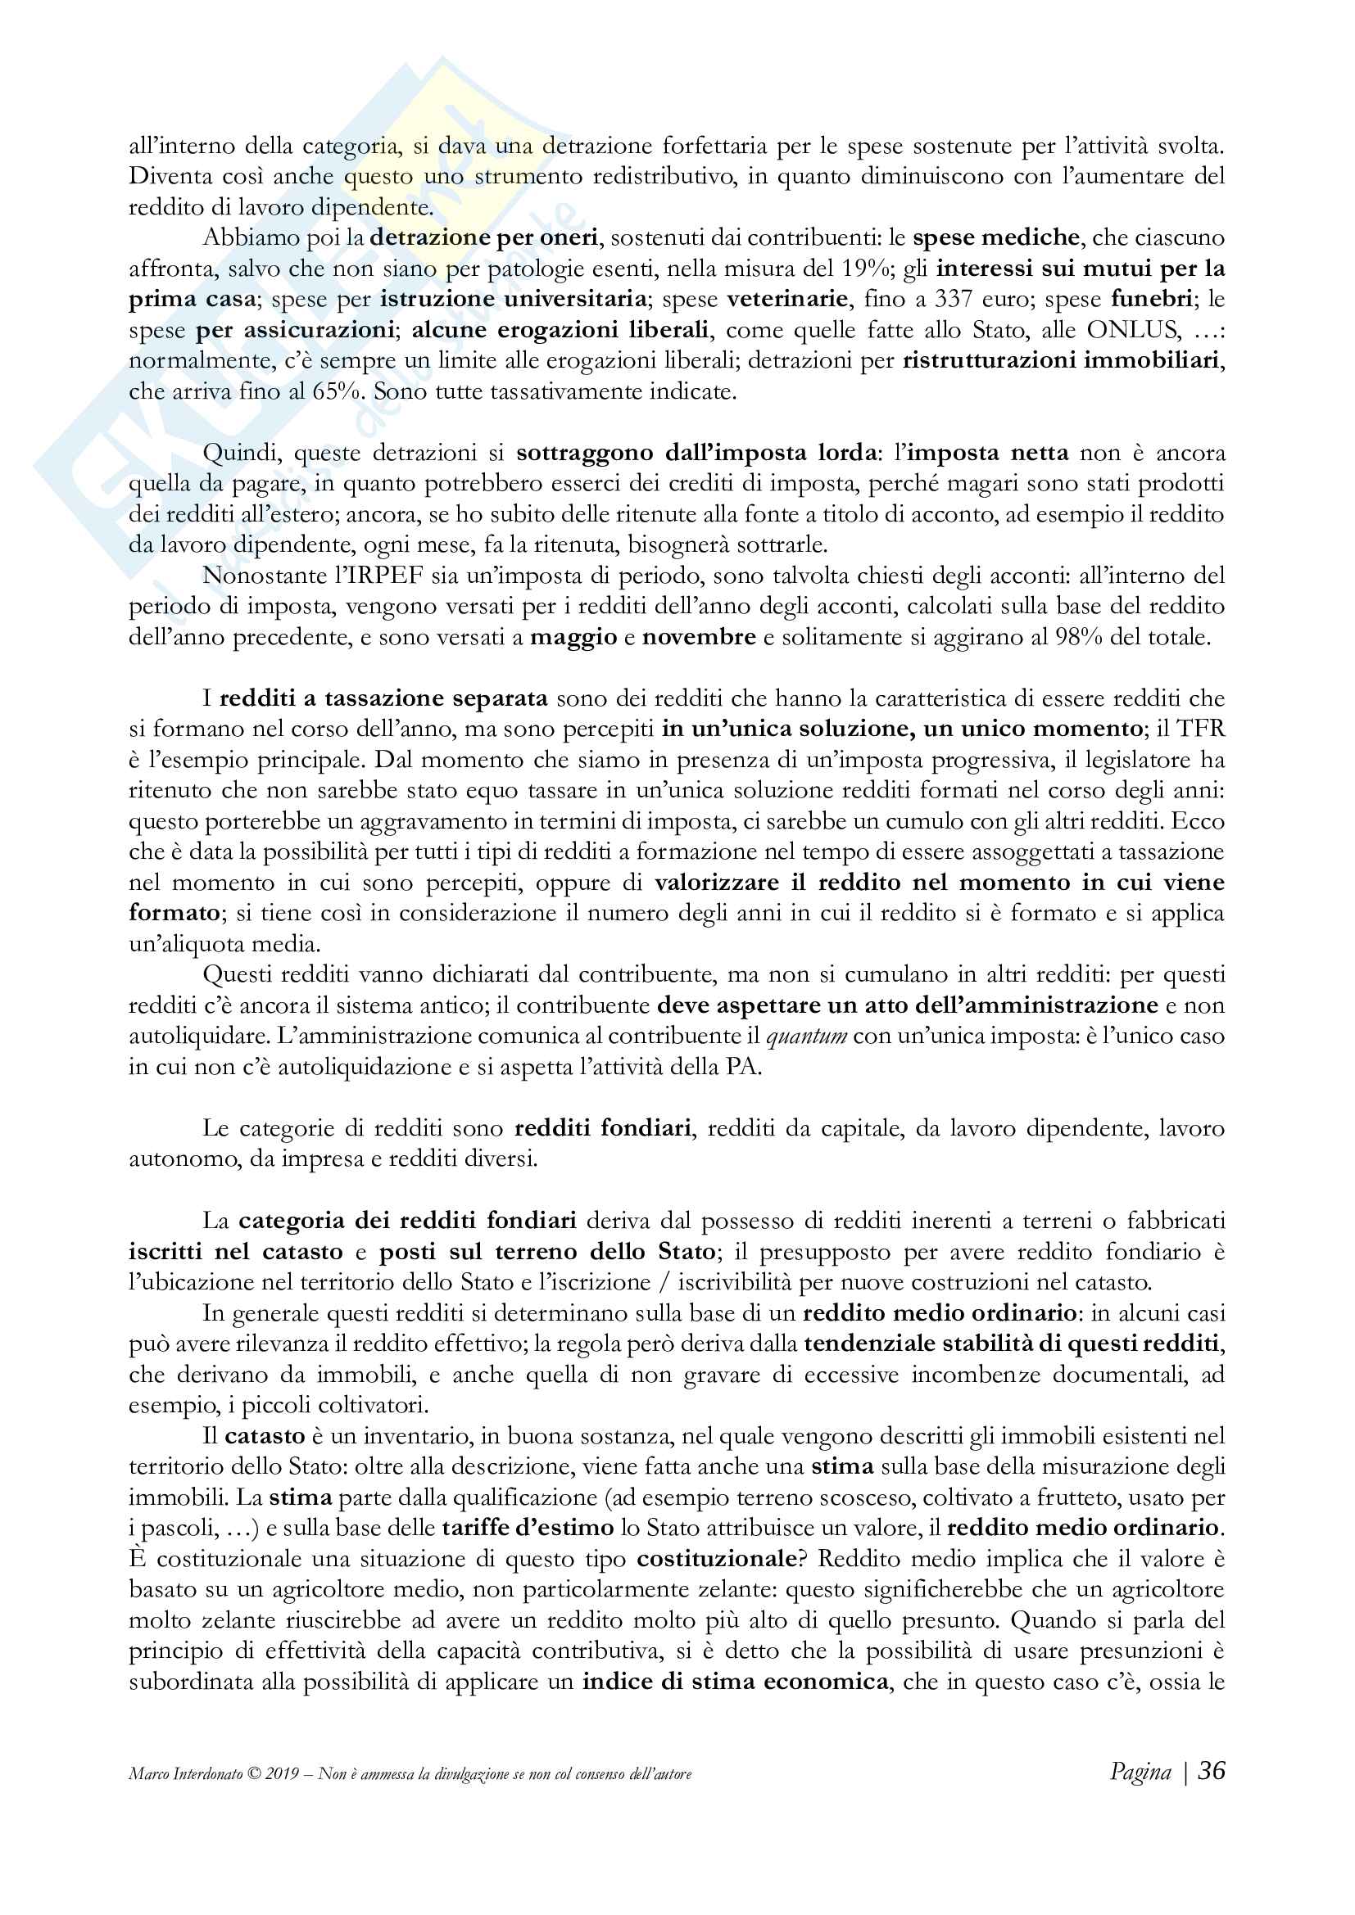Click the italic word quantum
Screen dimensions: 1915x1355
click(806, 1036)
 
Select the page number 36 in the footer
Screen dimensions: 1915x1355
click(1212, 1770)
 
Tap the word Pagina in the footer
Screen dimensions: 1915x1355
click(1140, 1772)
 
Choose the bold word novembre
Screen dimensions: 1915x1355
click(698, 637)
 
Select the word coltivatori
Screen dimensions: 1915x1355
click(376, 1406)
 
